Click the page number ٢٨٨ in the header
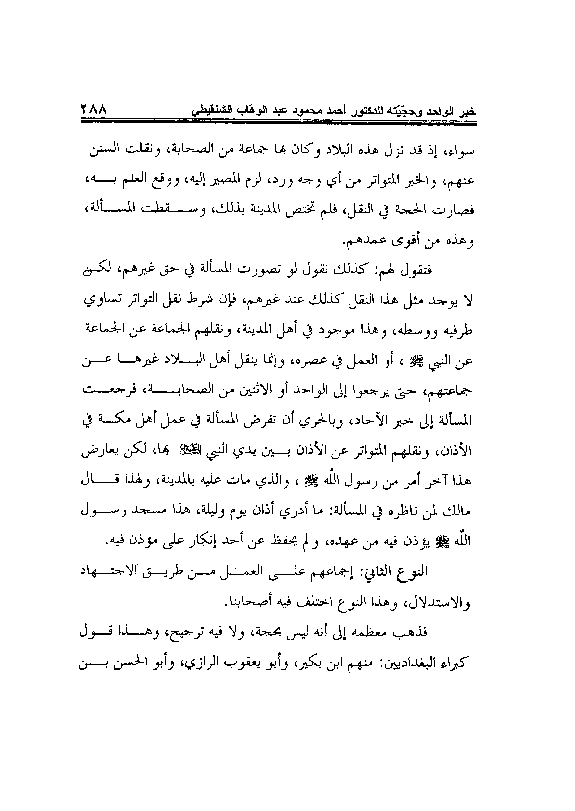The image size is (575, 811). click(94, 109)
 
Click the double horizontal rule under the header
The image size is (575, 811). click(278, 122)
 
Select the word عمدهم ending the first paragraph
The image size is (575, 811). click(361, 241)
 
